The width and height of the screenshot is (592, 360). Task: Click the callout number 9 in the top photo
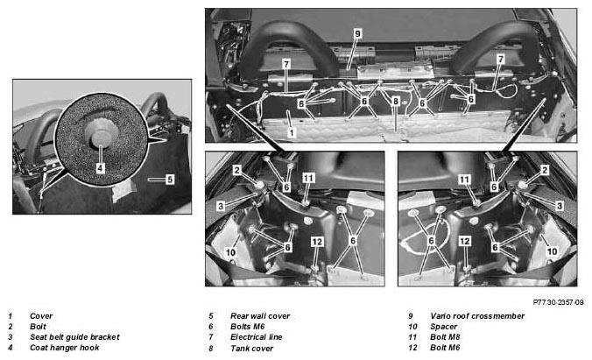357,33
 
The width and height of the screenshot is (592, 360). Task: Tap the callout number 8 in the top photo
395,102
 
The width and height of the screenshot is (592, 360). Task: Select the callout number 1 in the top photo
291,133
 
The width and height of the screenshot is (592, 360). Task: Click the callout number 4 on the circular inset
100,167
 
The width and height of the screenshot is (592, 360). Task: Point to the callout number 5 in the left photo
170,180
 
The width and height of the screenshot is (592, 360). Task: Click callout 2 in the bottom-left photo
236,171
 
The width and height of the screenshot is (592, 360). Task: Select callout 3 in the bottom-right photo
559,206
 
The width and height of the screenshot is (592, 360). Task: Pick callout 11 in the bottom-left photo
308,178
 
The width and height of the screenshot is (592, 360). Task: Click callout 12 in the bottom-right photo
465,241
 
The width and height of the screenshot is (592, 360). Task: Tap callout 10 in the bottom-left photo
230,252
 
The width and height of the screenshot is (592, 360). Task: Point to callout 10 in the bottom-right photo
552,251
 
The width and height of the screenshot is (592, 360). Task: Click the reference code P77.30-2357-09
558,302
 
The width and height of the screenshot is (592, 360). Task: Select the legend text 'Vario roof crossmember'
477,316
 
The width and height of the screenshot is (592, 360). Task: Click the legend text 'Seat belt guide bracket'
74,337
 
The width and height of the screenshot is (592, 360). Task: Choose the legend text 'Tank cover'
252,349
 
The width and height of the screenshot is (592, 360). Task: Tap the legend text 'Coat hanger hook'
65,348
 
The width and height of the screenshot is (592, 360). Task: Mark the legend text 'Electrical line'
257,337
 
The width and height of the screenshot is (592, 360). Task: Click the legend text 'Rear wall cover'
260,316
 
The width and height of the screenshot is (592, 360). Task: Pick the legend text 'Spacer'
444,327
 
